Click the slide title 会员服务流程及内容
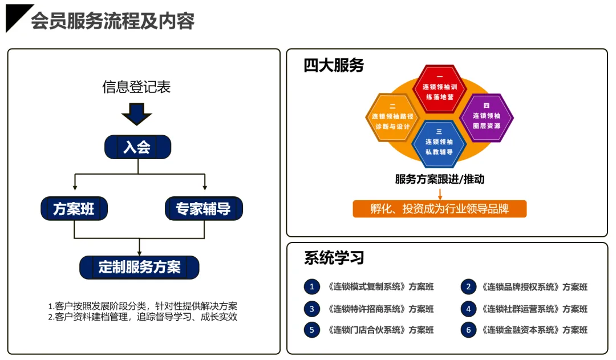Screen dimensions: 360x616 (x=112, y=21)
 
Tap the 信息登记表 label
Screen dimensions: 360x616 (x=136, y=87)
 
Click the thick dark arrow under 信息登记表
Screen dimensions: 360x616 (x=137, y=114)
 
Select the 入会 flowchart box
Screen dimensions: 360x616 (x=137, y=147)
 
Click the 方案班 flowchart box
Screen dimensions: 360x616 (x=74, y=209)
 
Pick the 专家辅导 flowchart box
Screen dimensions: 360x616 (x=204, y=209)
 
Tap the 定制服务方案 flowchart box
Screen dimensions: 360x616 (x=139, y=267)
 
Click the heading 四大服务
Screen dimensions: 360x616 (x=334, y=66)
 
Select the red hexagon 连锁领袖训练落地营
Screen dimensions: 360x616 (x=439, y=88)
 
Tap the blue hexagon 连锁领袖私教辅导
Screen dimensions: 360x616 (x=439, y=143)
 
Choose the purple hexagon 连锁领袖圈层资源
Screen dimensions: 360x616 (x=487, y=117)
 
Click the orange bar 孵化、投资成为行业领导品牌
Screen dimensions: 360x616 (x=439, y=209)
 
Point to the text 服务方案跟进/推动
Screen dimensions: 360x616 (x=439, y=179)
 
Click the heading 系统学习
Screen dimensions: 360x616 (x=334, y=258)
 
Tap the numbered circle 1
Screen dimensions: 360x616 (x=311, y=287)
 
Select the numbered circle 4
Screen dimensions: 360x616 (x=468, y=309)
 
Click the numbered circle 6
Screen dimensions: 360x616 (x=468, y=330)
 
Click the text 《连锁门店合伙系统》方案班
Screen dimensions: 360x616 (x=380, y=330)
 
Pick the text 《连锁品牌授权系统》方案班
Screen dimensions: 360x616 (x=534, y=287)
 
